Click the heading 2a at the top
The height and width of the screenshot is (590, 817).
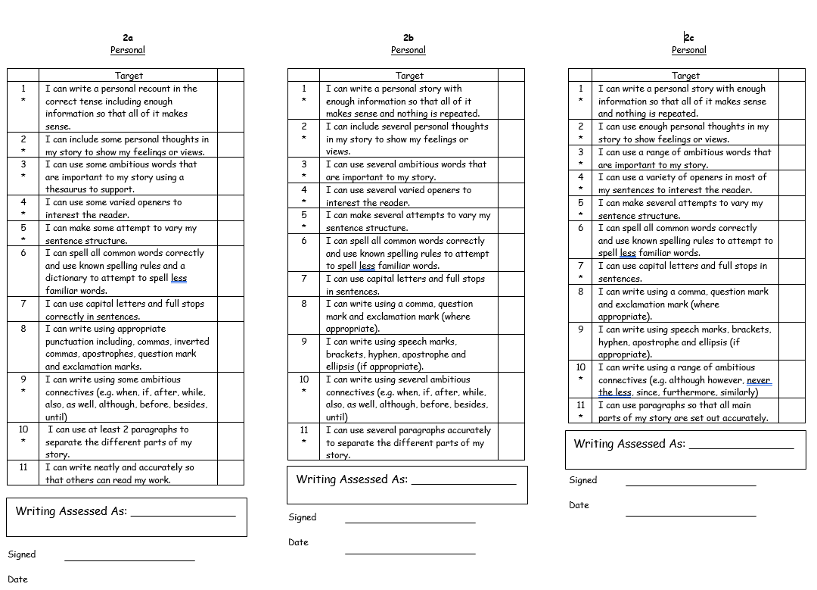[128, 37]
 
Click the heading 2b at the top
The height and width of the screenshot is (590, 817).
[408, 37]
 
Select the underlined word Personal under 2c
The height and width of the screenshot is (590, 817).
[688, 50]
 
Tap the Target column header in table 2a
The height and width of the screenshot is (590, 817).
[129, 76]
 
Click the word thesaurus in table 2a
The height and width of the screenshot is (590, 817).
[67, 189]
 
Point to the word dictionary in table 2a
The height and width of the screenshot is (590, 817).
[70, 278]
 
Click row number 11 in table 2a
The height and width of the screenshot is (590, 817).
[23, 467]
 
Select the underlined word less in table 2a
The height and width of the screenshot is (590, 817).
[179, 278]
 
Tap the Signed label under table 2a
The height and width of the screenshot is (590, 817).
[22, 554]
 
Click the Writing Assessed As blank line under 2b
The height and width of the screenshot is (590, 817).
[464, 483]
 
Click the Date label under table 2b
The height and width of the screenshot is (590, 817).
[299, 542]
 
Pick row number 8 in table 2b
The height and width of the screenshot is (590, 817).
[304, 304]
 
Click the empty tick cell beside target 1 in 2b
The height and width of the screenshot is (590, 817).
[511, 101]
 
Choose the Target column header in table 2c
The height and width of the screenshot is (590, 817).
[685, 76]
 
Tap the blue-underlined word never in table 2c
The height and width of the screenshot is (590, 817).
[758, 380]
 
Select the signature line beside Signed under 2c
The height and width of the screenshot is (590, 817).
[691, 485]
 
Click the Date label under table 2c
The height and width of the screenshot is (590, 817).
[579, 505]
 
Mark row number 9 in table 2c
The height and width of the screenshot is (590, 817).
[581, 329]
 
